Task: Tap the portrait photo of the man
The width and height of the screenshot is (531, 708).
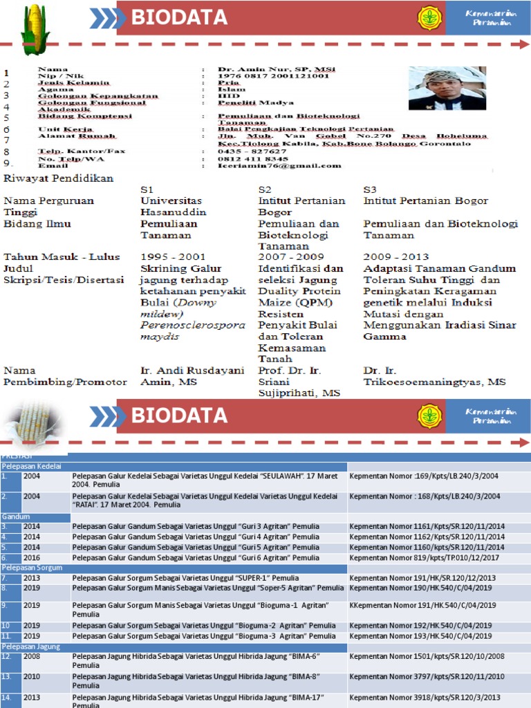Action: (447, 88)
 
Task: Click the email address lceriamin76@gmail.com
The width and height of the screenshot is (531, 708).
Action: (280, 166)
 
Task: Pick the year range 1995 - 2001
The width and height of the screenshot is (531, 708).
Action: (173, 257)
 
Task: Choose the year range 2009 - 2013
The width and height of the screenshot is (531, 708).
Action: (396, 257)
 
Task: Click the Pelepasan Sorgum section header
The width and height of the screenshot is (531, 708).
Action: (31, 568)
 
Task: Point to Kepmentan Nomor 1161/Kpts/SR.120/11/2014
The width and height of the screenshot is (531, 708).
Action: (427, 527)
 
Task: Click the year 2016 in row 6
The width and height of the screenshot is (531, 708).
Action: (32, 557)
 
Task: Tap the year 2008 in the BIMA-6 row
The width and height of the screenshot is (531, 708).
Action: (32, 657)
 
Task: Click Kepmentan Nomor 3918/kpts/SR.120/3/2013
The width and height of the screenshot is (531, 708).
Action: (425, 698)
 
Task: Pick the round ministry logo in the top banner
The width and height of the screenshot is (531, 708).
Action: (429, 18)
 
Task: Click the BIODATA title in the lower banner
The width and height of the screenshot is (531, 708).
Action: (179, 416)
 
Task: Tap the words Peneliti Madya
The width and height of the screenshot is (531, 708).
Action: (246, 102)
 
